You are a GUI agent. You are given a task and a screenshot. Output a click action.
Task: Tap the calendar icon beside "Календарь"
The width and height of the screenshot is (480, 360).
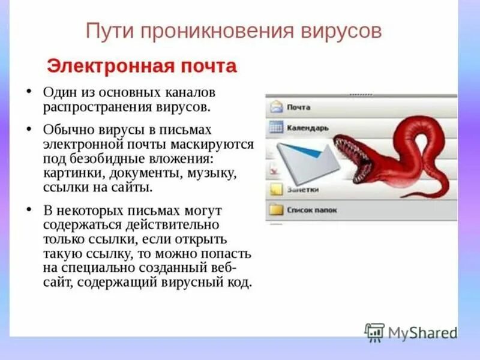pos(276,128)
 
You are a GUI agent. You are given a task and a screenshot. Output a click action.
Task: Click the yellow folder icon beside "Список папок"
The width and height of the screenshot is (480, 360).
pos(276,210)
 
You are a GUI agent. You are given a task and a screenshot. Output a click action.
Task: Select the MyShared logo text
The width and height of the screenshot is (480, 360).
pos(422,332)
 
